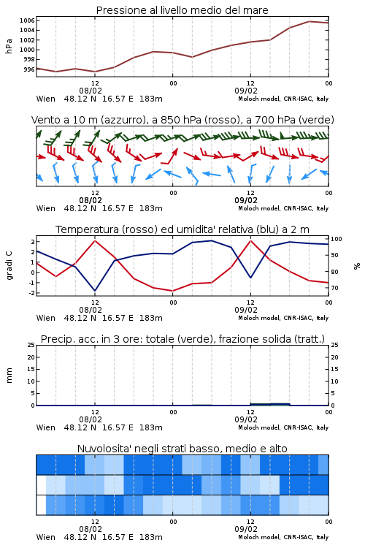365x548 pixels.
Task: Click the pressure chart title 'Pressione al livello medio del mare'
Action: point(182,10)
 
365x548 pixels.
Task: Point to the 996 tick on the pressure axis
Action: point(29,69)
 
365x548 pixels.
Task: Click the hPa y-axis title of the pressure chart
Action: point(9,46)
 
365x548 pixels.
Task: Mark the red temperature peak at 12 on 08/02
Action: point(95,240)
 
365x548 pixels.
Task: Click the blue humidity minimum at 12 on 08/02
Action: point(95,291)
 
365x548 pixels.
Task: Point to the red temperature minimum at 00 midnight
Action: point(172,291)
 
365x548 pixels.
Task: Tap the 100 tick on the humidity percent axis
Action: point(337,239)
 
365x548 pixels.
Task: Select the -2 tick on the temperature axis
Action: point(31,293)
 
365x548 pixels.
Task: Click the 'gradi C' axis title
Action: point(9,266)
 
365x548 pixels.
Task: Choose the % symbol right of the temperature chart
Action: point(357,266)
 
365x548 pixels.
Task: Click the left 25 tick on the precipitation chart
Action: point(31,345)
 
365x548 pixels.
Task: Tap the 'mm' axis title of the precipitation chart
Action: point(9,376)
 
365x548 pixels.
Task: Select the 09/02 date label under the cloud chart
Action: point(246,529)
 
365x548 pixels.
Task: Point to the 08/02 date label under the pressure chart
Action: point(91,91)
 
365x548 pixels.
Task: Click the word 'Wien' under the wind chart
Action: point(46,208)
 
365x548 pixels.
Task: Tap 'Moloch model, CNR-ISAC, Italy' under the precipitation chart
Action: point(283,427)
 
